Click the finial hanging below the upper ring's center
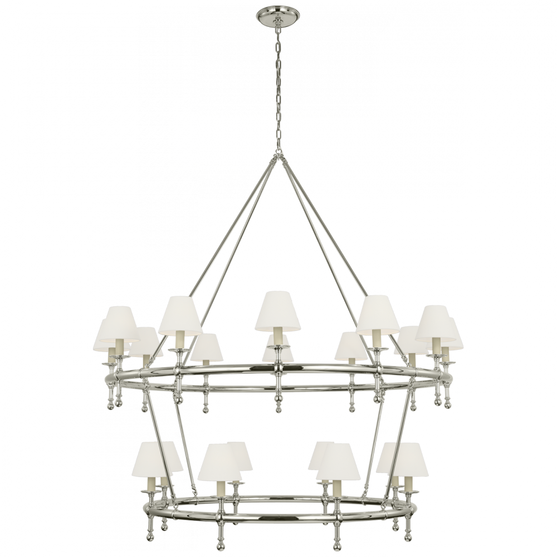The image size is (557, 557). tap(278, 398)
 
